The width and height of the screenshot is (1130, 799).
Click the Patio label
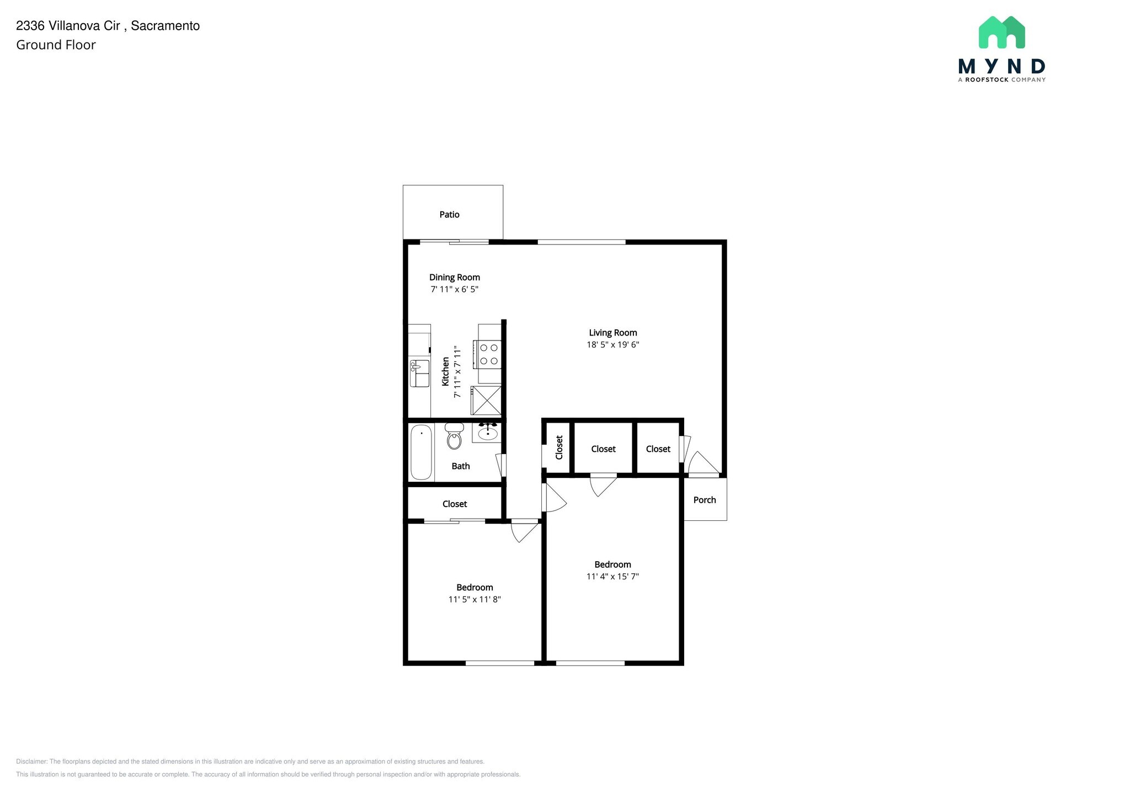pos(449,215)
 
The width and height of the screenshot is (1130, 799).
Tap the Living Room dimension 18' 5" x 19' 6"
pos(612,345)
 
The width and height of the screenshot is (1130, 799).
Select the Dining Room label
pos(455,278)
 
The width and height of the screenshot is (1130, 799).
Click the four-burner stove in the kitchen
pos(489,354)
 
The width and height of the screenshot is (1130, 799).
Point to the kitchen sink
pos(419,373)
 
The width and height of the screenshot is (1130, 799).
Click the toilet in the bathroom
pos(454,436)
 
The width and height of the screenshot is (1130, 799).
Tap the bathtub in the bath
pos(421,452)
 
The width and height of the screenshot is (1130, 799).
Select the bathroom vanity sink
pos(488,433)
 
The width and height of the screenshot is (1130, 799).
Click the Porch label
pos(705,500)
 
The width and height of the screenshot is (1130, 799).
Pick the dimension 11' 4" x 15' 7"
pos(612,577)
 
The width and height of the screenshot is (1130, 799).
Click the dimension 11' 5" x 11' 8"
pos(475,600)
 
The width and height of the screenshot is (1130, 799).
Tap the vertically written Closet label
pos(559,448)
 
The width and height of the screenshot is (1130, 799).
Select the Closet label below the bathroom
pos(455,504)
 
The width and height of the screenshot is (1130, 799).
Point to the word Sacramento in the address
pos(165,26)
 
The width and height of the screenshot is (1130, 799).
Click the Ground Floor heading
pos(56,45)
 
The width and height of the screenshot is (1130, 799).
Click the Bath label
pos(461,466)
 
